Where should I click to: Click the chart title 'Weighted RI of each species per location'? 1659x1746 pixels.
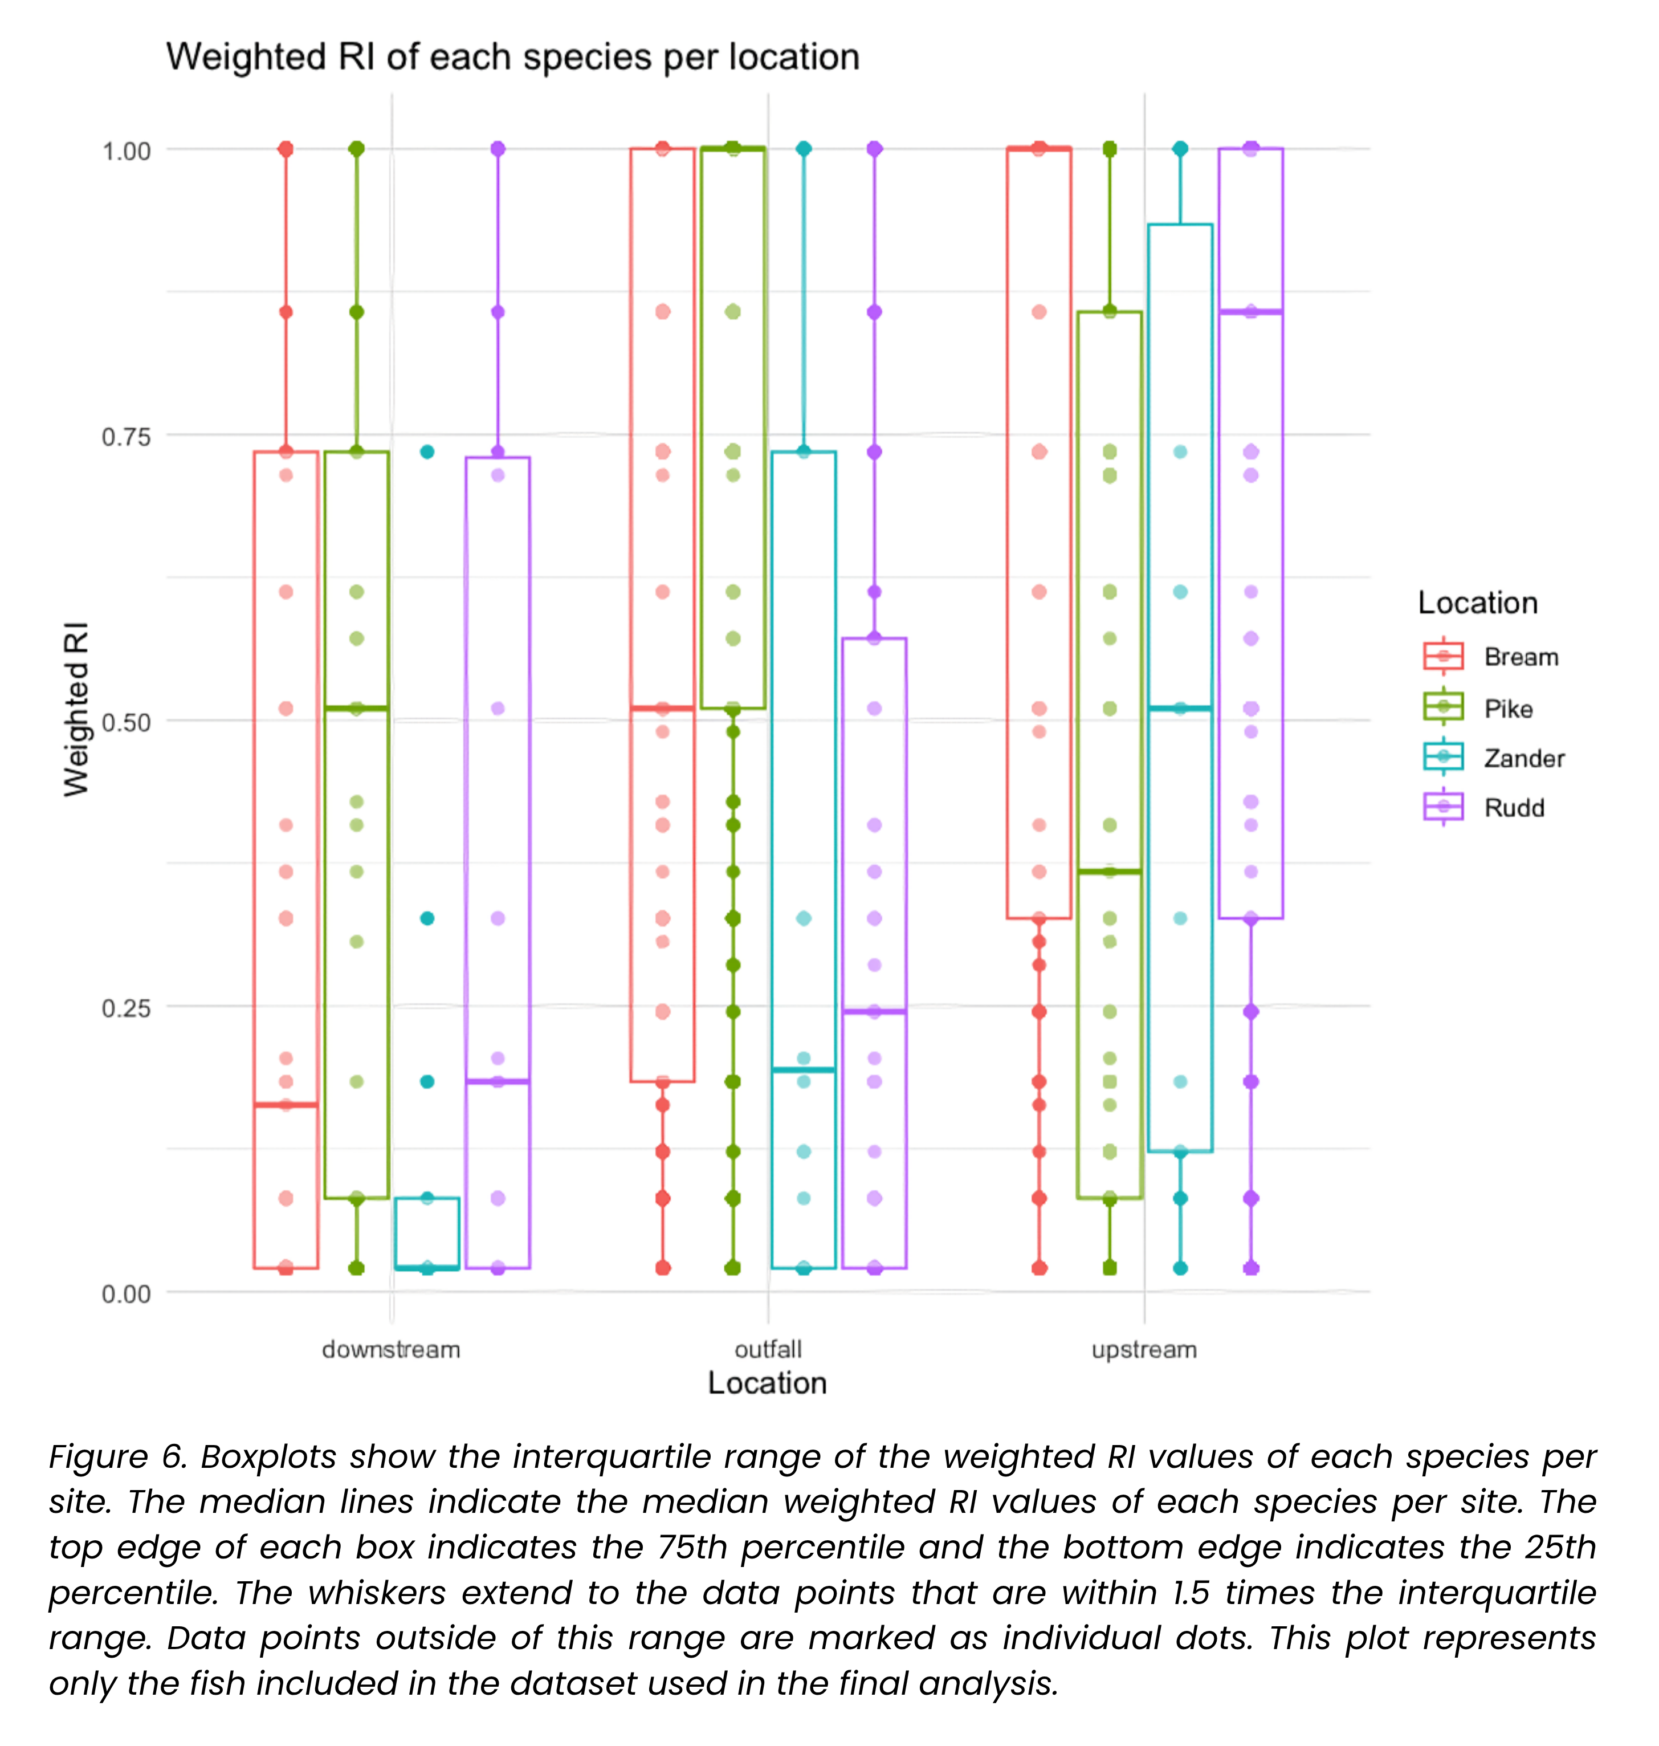pyautogui.click(x=513, y=56)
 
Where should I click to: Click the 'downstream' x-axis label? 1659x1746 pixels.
pyautogui.click(x=391, y=1350)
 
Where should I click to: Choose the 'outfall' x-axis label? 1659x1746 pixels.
pyautogui.click(x=768, y=1350)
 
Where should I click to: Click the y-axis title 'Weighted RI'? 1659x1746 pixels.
pyautogui.click(x=77, y=709)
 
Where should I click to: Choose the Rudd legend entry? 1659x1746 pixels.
pyautogui.click(x=1483, y=808)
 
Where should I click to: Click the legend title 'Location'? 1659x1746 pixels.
pyautogui.click(x=1478, y=603)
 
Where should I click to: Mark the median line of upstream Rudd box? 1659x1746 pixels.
pyautogui.click(x=1250, y=311)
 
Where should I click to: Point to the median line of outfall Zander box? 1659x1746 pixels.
pyautogui.click(x=803, y=1071)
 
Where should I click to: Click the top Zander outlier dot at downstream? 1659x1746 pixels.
pyautogui.click(x=427, y=452)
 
